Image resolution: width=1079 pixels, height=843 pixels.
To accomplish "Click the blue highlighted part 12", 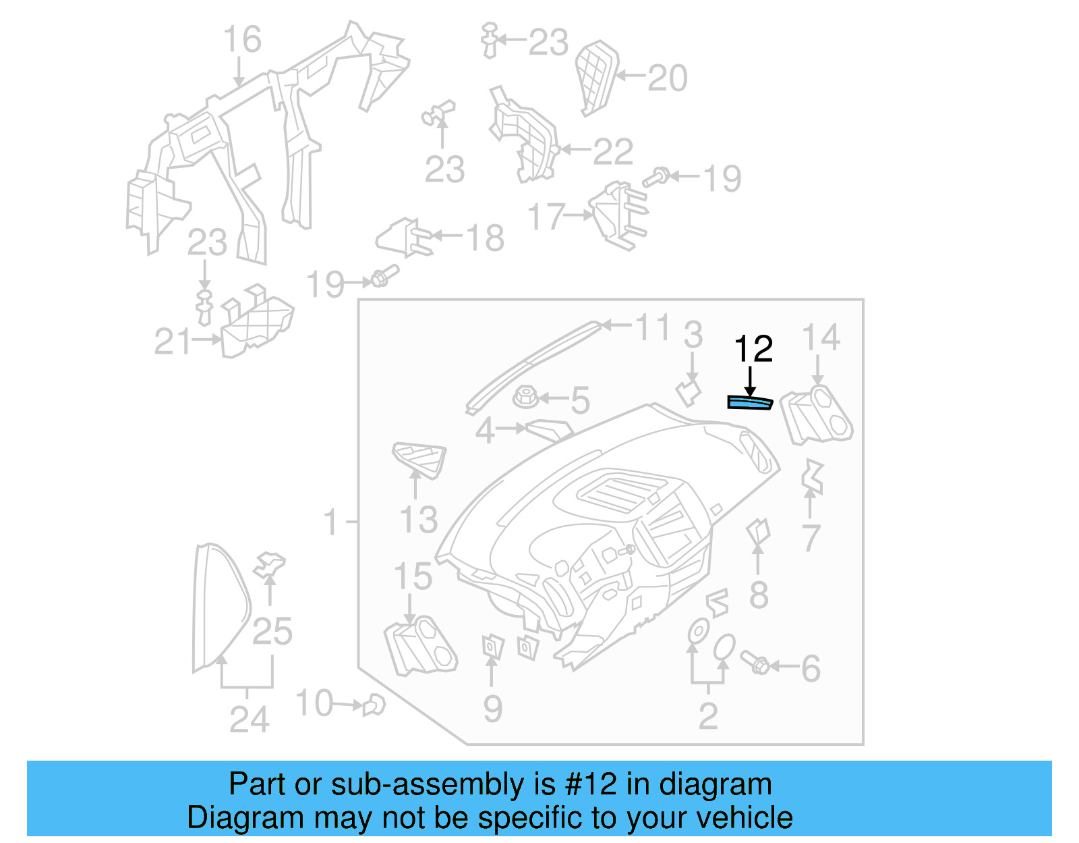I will pos(749,403).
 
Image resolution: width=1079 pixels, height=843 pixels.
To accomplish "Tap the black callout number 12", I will pos(753,349).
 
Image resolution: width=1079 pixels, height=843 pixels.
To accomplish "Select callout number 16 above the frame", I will pos(242,40).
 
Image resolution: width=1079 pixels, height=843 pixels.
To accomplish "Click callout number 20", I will pos(667,78).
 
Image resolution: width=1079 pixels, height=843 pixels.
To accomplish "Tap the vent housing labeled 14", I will pos(817,414).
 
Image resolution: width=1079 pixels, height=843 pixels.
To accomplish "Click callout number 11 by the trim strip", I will pos(652,327).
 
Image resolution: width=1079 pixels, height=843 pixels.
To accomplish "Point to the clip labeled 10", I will pos(373,706).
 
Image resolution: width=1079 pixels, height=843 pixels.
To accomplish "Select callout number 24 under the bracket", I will pos(249,719).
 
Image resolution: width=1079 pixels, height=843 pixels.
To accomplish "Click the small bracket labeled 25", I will pos(269,565).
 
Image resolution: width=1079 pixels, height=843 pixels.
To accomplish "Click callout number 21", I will pos(172,342).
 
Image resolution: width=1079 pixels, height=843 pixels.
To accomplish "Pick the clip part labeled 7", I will pos(813,477).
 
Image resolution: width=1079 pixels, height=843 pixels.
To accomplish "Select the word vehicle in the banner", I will pos(745,818).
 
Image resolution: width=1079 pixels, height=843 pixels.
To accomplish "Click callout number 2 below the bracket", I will pos(707,715).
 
